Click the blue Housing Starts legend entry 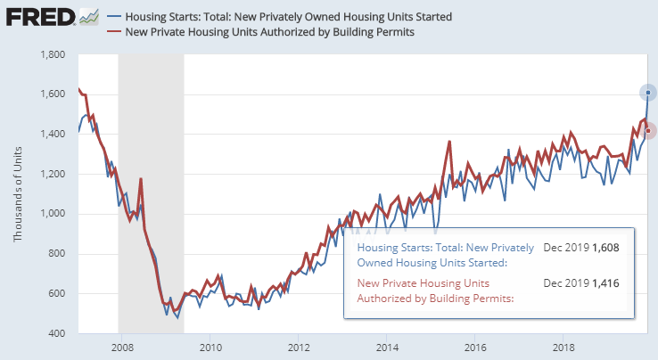tap(288, 17)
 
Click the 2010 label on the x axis tap(210, 348)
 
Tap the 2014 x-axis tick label tap(387, 348)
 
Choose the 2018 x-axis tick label tap(564, 348)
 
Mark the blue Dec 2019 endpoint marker tap(648, 93)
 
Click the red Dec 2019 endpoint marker tap(648, 131)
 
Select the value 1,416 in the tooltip tap(605, 283)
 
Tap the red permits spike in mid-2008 tap(141, 179)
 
